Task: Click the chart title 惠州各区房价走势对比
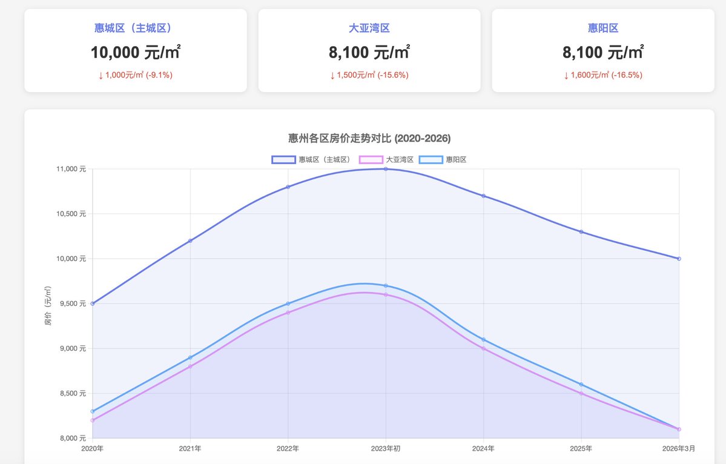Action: (369, 138)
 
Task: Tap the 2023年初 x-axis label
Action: (386, 449)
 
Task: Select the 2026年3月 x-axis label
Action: (678, 449)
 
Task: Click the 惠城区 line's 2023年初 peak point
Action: (386, 169)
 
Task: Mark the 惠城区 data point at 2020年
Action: (93, 303)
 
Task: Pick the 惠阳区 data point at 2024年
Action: (483, 339)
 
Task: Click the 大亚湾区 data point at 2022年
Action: (288, 313)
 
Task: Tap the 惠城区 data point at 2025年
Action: (581, 232)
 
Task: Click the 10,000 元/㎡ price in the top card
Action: (136, 53)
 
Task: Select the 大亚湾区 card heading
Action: (369, 28)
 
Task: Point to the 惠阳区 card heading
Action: (603, 28)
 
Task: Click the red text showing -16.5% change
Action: (603, 75)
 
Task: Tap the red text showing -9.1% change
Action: (136, 75)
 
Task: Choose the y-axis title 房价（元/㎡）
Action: (48, 306)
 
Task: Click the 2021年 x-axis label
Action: (190, 449)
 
